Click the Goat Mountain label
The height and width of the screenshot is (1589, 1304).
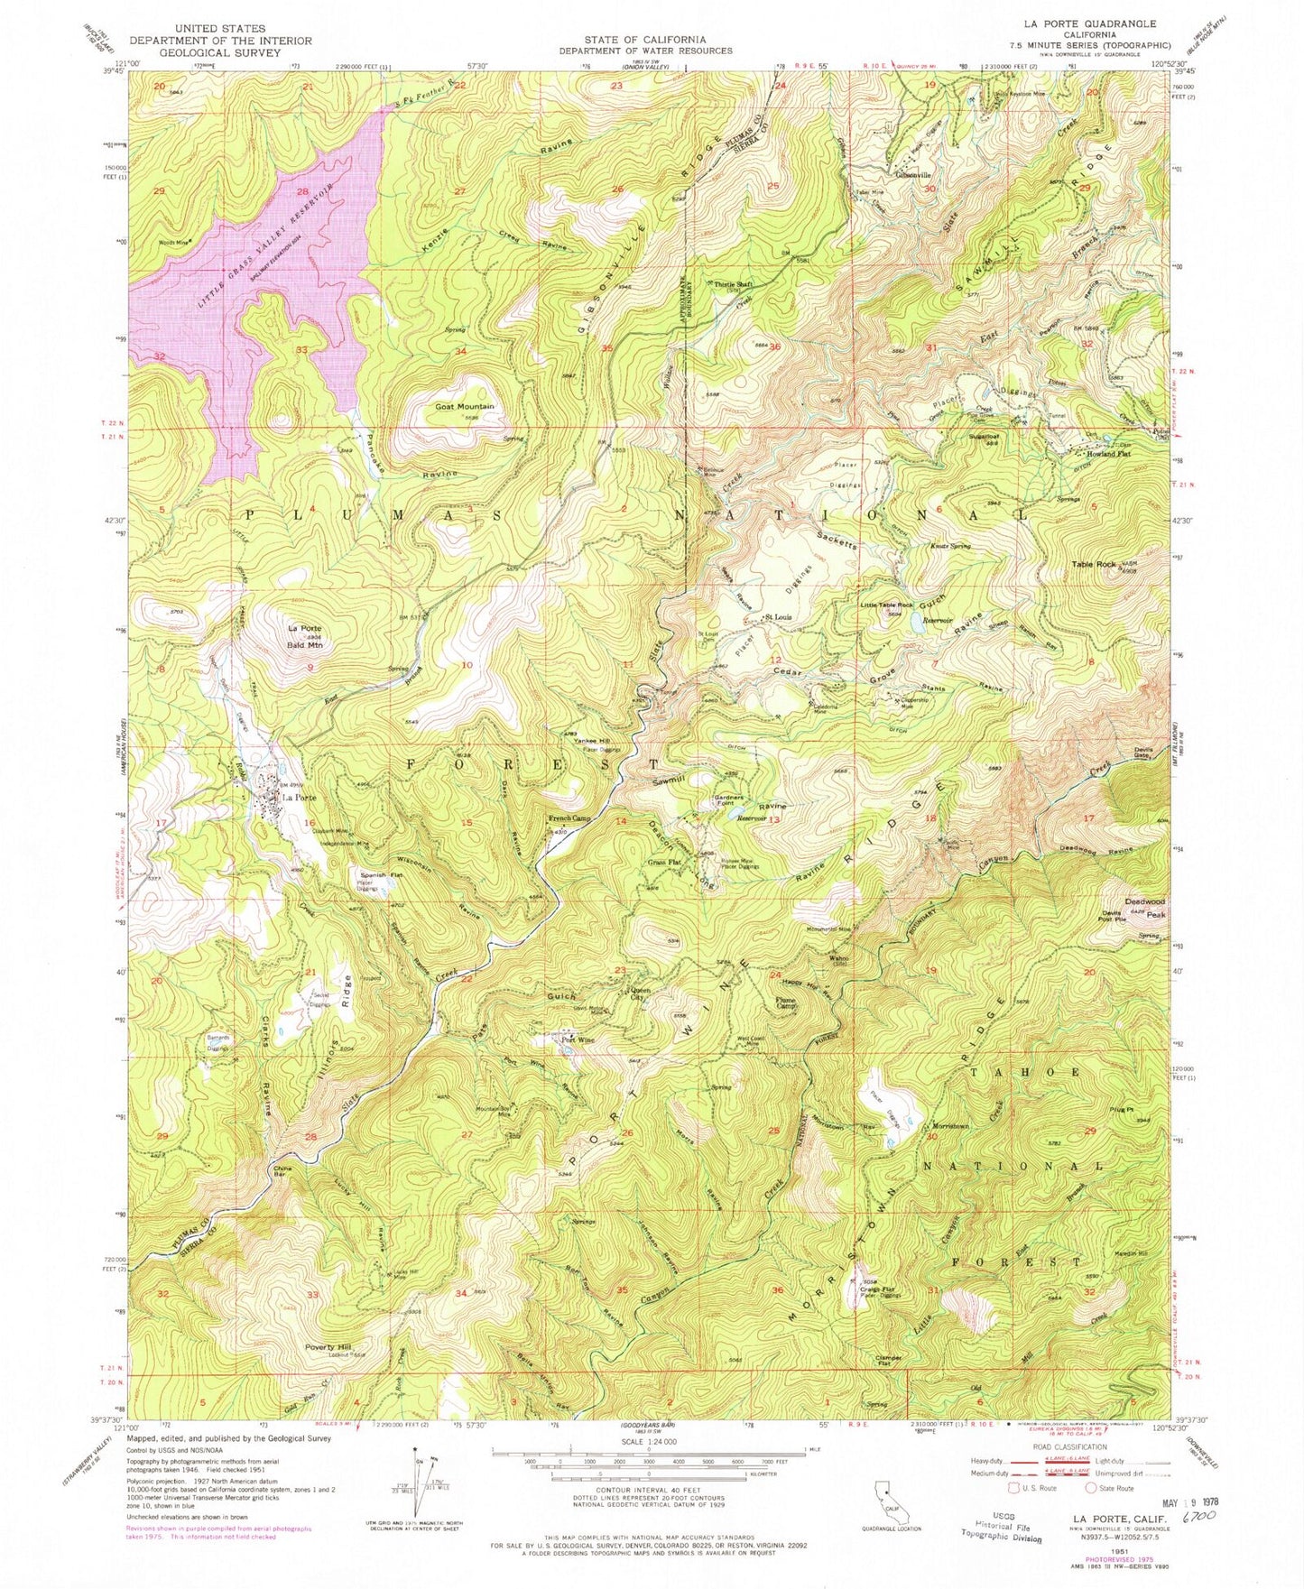[465, 407]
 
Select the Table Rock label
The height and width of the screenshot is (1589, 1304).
[1094, 565]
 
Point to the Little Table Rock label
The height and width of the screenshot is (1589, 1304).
[886, 605]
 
